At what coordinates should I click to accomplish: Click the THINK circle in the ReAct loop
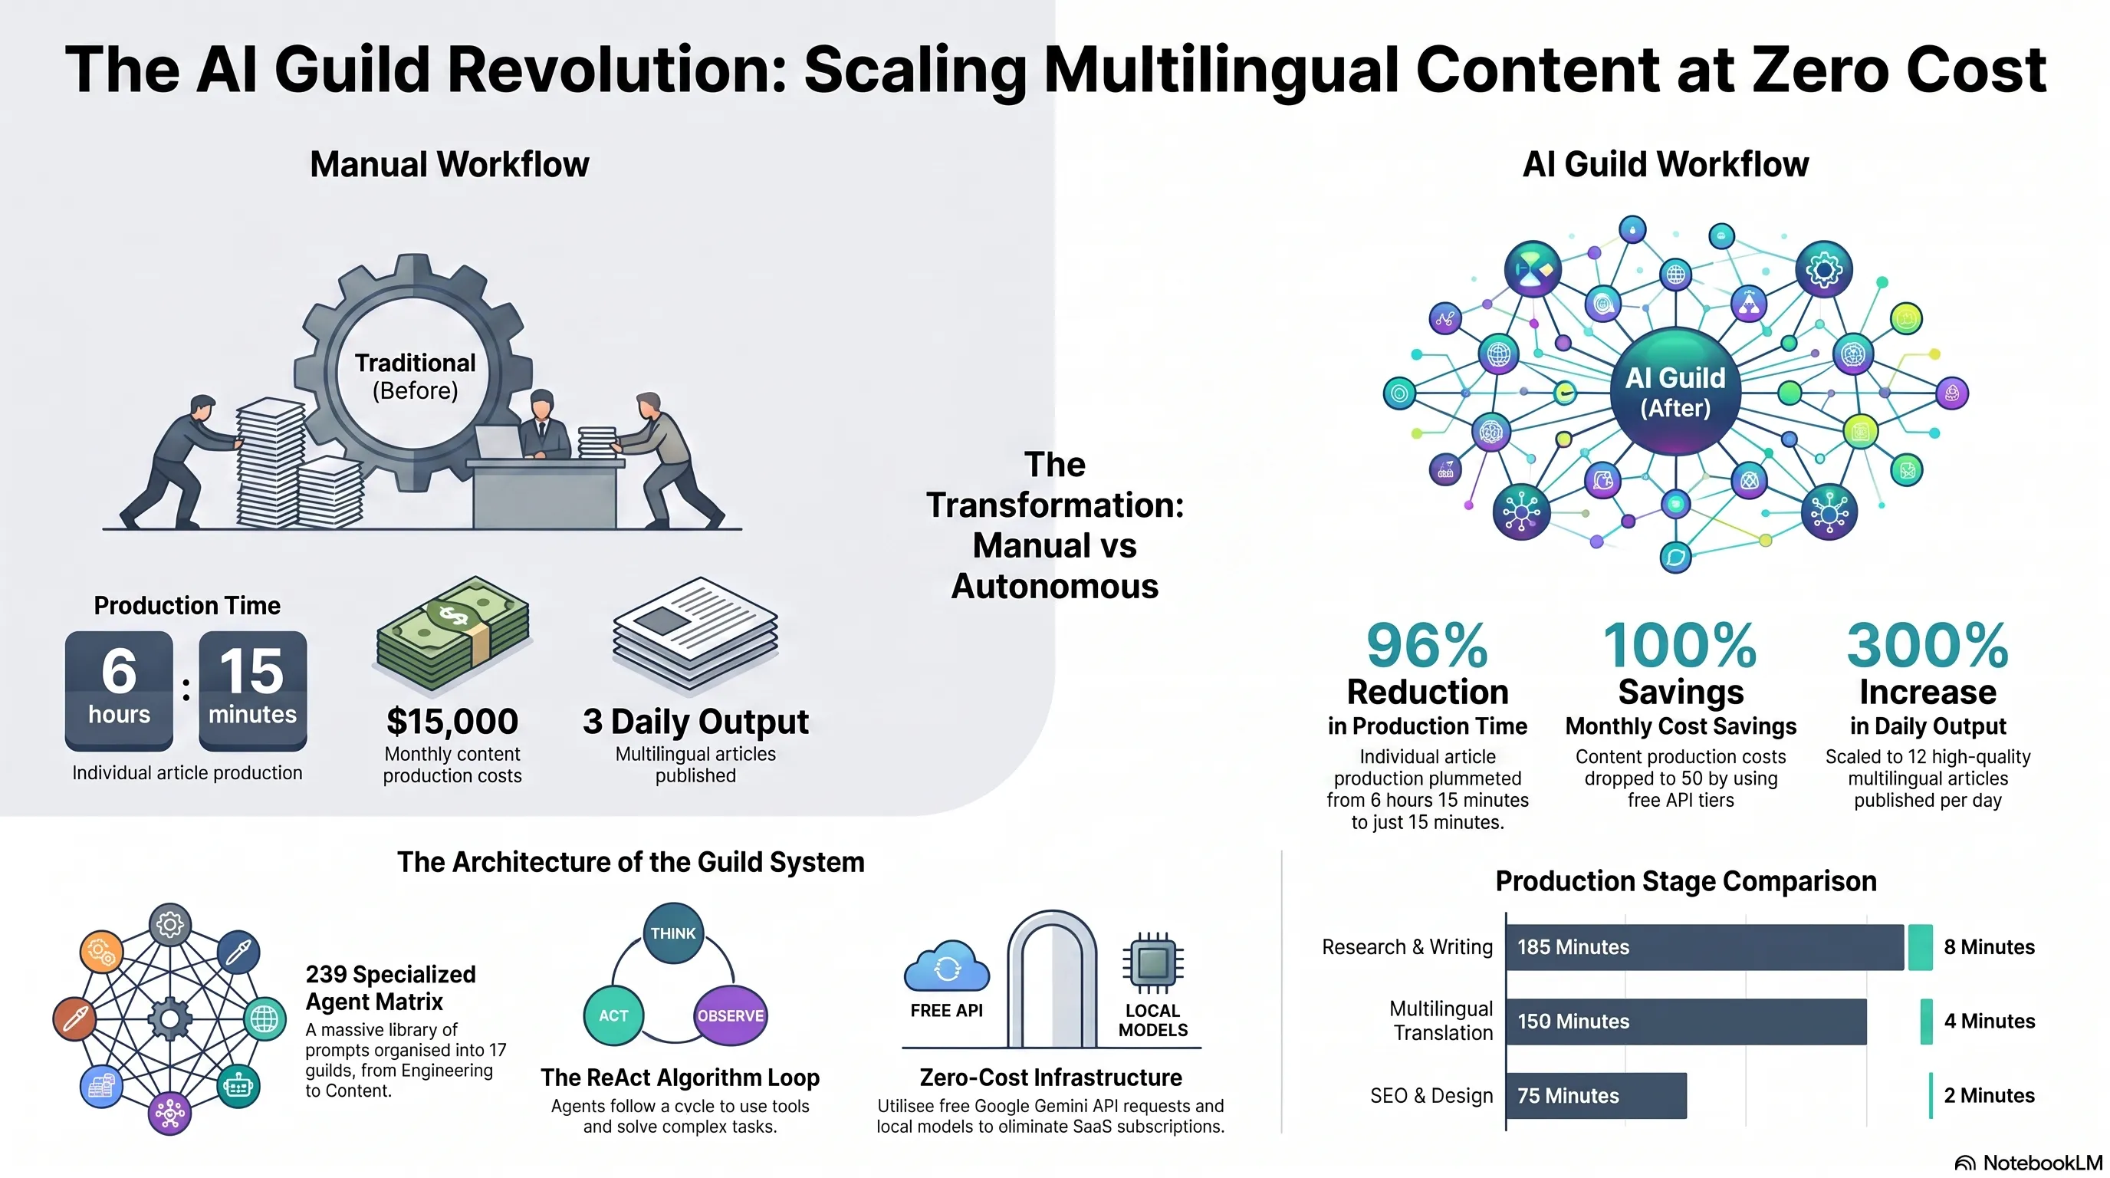(x=673, y=933)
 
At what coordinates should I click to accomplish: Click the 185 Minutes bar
(x=1704, y=947)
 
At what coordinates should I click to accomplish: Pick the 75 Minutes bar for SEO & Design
(x=1596, y=1095)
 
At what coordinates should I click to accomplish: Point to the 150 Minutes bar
(x=1687, y=1021)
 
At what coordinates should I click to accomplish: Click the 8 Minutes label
(x=1989, y=947)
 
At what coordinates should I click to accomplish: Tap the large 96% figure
(x=1427, y=646)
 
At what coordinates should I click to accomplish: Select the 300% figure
(x=1928, y=646)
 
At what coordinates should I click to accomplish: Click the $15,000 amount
(x=452, y=722)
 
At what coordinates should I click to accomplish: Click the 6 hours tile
(x=119, y=690)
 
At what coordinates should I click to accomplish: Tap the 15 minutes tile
(x=252, y=690)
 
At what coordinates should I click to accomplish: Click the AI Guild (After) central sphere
(x=1675, y=392)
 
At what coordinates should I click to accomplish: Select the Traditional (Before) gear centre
(x=416, y=376)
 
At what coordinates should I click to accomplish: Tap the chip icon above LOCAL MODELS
(x=1152, y=962)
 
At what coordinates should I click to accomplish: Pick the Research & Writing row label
(x=1407, y=947)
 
